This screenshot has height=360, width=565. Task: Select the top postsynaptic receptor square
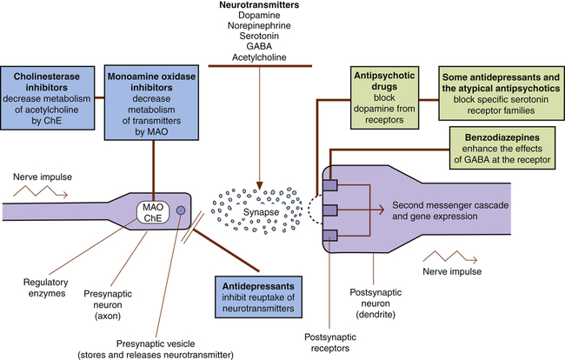pyautogui.click(x=329, y=185)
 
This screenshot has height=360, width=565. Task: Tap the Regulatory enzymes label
pyautogui.click(x=43, y=289)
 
